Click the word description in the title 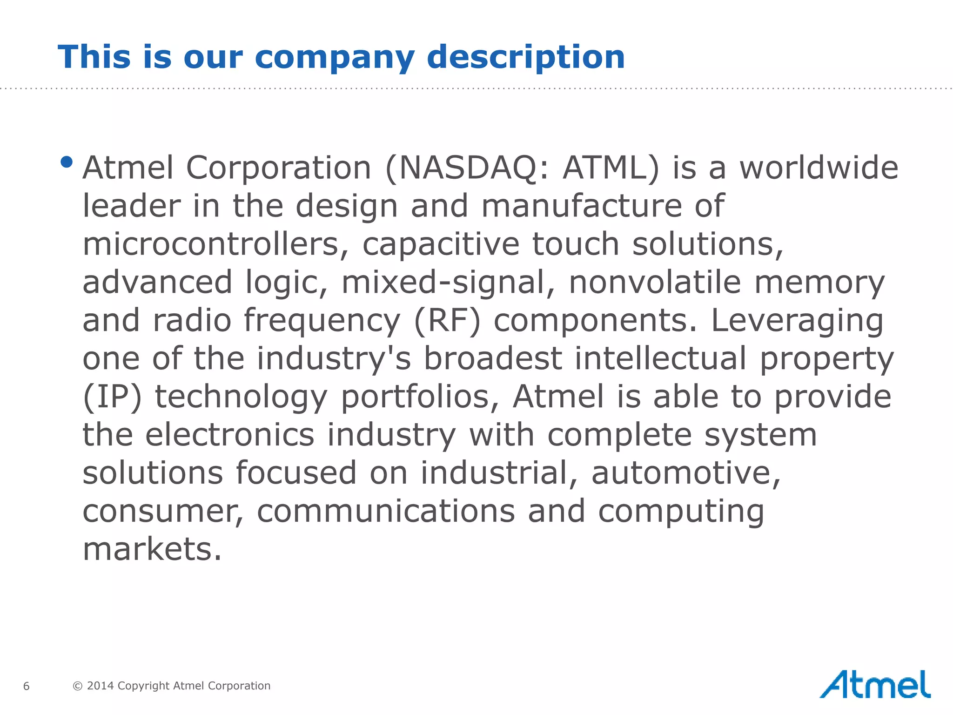pyautogui.click(x=526, y=57)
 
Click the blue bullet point pyautogui.click(x=67, y=162)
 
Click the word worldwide pyautogui.click(x=819, y=168)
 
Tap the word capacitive pyautogui.click(x=440, y=244)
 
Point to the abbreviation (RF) pyautogui.click(x=447, y=321)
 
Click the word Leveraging pyautogui.click(x=797, y=321)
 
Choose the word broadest pyautogui.click(x=492, y=359)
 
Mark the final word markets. pyautogui.click(x=152, y=550)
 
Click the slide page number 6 pyautogui.click(x=27, y=686)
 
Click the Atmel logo pyautogui.click(x=874, y=685)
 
